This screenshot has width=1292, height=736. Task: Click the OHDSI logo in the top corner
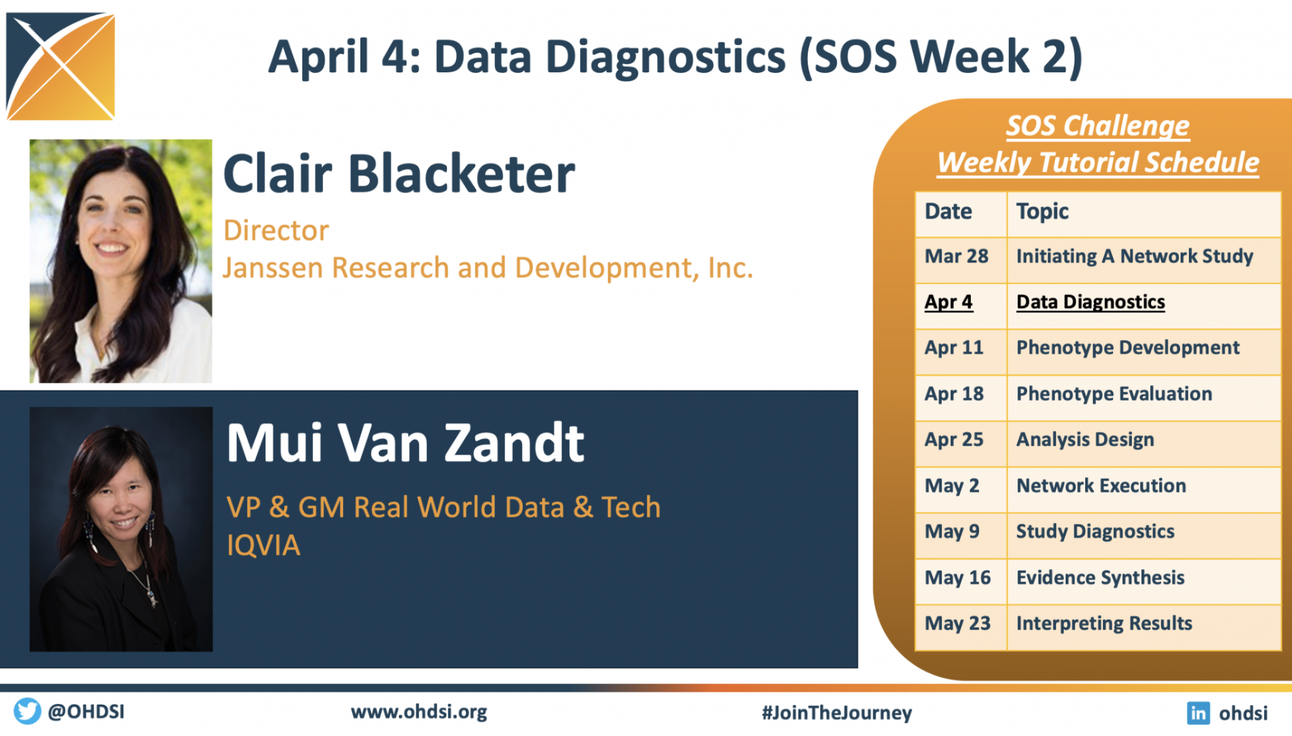click(x=60, y=66)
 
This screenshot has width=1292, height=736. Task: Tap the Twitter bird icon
click(x=27, y=711)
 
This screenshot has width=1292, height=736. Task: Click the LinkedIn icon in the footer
click(x=1198, y=712)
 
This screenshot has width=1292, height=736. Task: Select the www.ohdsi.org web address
click(x=419, y=712)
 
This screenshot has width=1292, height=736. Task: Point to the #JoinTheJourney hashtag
click(x=837, y=712)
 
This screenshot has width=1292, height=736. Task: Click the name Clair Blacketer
click(x=399, y=174)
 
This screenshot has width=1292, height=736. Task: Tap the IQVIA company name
click(x=264, y=545)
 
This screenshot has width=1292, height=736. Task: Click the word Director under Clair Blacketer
click(x=276, y=231)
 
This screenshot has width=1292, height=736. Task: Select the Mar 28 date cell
click(x=961, y=256)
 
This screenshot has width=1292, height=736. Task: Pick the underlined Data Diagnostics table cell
click(x=1143, y=302)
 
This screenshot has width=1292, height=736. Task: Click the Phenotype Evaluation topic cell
click(x=1143, y=393)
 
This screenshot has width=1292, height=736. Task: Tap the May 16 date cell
click(x=961, y=577)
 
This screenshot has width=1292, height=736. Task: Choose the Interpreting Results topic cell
click(x=1143, y=623)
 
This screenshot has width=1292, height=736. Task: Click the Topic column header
click(x=1143, y=212)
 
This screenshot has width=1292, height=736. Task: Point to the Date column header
click(x=961, y=212)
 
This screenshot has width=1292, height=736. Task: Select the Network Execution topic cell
click(x=1143, y=485)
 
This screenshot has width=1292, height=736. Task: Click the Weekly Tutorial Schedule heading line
click(x=1098, y=162)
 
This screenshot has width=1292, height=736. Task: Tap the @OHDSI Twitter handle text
click(x=87, y=711)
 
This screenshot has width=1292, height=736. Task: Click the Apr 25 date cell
click(x=961, y=440)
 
